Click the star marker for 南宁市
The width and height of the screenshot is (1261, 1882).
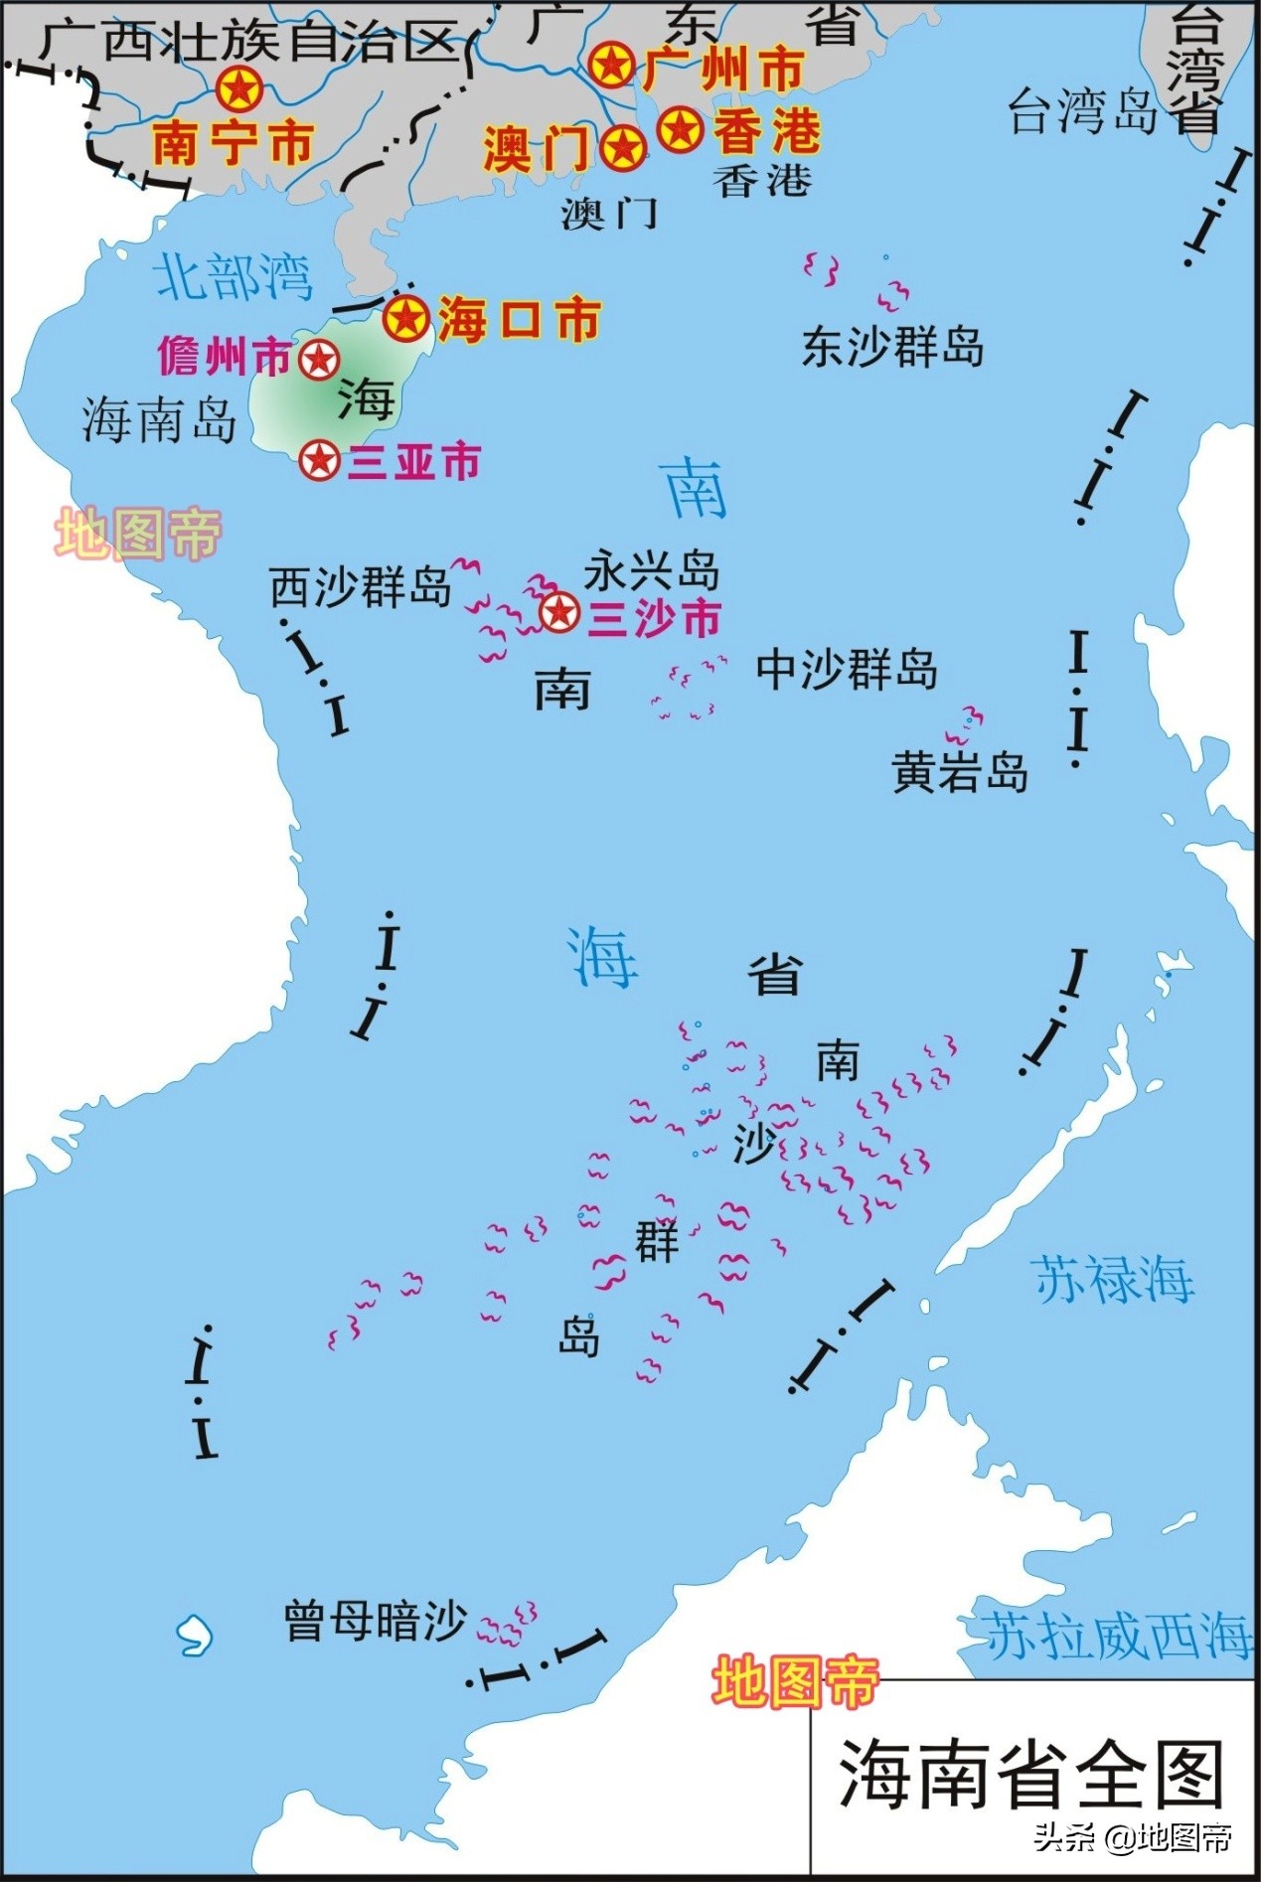pos(239,89)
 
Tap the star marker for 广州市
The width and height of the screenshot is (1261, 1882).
pos(611,66)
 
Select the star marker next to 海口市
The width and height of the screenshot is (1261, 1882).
pos(406,319)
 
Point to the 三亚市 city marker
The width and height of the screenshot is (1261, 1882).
pos(320,461)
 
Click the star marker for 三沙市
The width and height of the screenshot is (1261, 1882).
pos(559,612)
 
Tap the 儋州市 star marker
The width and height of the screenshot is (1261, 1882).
pos(319,360)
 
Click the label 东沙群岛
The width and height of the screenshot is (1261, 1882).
pos(892,347)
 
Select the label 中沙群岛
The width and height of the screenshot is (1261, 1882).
pos(847,669)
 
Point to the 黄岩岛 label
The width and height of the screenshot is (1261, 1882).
pos(960,772)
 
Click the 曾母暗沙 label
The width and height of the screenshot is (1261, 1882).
pos(375,1622)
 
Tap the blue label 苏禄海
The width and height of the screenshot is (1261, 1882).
pos(1113,1279)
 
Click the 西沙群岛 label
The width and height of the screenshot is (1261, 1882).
pos(361,587)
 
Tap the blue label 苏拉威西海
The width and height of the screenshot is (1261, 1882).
pos(1117,1636)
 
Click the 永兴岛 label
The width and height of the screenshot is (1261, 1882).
pos(651,571)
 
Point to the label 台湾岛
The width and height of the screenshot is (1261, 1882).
pos(1084,111)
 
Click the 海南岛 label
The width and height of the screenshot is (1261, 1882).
pos(159,419)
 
